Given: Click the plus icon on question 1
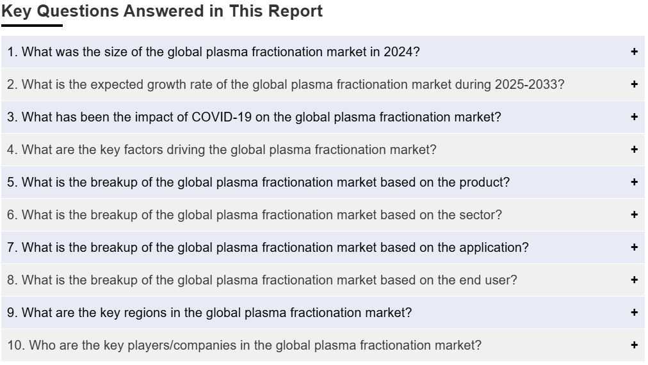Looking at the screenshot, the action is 635,52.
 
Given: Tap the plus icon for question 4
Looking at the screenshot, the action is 635,150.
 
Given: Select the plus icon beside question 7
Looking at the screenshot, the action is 635,247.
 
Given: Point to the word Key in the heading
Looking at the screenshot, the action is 17,12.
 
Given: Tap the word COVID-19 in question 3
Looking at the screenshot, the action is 222,117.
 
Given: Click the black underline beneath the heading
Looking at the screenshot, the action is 32,26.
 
